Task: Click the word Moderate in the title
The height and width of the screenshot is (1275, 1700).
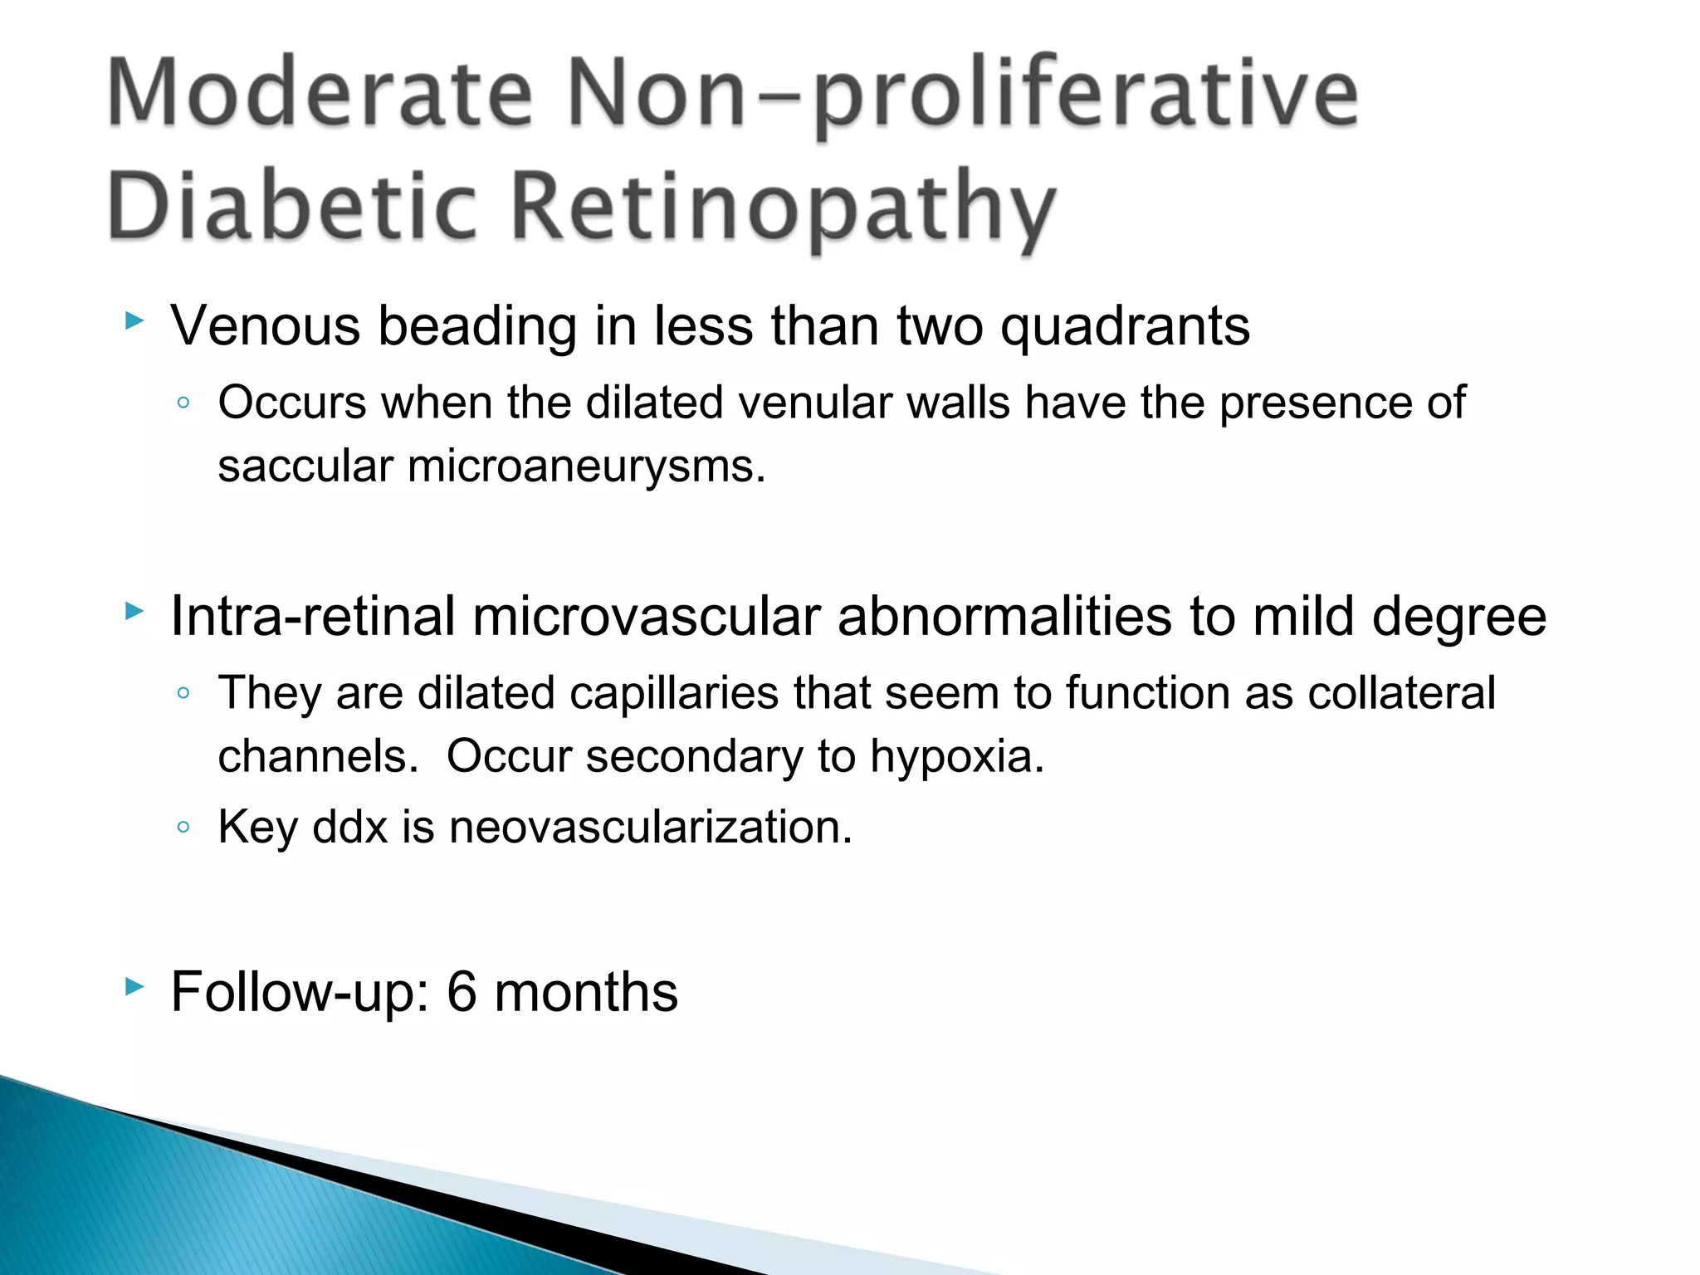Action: (320, 93)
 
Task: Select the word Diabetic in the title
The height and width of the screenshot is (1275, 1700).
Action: (292, 206)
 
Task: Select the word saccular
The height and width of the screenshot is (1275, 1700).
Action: (305, 467)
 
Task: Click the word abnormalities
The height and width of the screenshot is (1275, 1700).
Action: (1004, 618)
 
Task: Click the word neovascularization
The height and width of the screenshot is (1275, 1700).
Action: (651, 828)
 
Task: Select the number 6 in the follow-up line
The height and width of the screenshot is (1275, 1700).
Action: (462, 992)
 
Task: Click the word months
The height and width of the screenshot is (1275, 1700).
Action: (586, 992)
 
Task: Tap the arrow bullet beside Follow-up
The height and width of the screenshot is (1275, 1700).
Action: (134, 987)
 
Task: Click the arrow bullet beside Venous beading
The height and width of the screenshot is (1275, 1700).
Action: (134, 320)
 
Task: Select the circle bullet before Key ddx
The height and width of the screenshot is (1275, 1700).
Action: (183, 827)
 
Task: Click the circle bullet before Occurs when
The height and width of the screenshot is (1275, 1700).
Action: (183, 403)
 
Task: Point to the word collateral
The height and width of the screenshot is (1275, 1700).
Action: (1401, 693)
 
